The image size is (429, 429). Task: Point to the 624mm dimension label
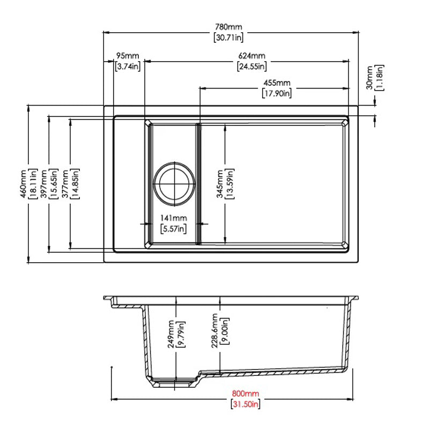[x=252, y=56]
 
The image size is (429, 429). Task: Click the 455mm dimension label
[x=277, y=83]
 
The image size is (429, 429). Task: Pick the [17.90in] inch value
[x=277, y=93]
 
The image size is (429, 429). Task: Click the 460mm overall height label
[x=23, y=184]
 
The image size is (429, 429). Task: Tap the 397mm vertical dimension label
[x=43, y=184]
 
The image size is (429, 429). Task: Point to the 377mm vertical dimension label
[x=65, y=184]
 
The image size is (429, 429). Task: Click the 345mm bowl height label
[x=220, y=184]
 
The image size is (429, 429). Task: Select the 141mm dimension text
[x=173, y=218]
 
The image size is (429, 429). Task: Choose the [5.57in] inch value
[x=173, y=229]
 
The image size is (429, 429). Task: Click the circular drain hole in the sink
[x=173, y=182]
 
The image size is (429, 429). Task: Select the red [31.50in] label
[x=246, y=404]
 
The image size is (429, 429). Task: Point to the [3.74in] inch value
[x=128, y=66]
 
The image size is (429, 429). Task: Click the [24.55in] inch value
[x=252, y=66]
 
